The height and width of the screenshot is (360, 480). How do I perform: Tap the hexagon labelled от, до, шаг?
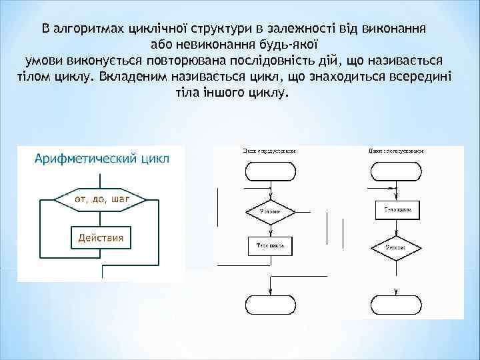[x=101, y=199]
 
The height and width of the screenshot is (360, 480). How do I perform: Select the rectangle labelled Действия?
[x=101, y=237]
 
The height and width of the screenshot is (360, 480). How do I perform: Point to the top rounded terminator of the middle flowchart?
[x=270, y=171]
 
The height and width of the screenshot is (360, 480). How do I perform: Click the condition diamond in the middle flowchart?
[x=269, y=211]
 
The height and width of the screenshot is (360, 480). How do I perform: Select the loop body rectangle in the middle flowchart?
[x=270, y=246]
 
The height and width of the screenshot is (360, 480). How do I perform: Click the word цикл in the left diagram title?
[x=156, y=159]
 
